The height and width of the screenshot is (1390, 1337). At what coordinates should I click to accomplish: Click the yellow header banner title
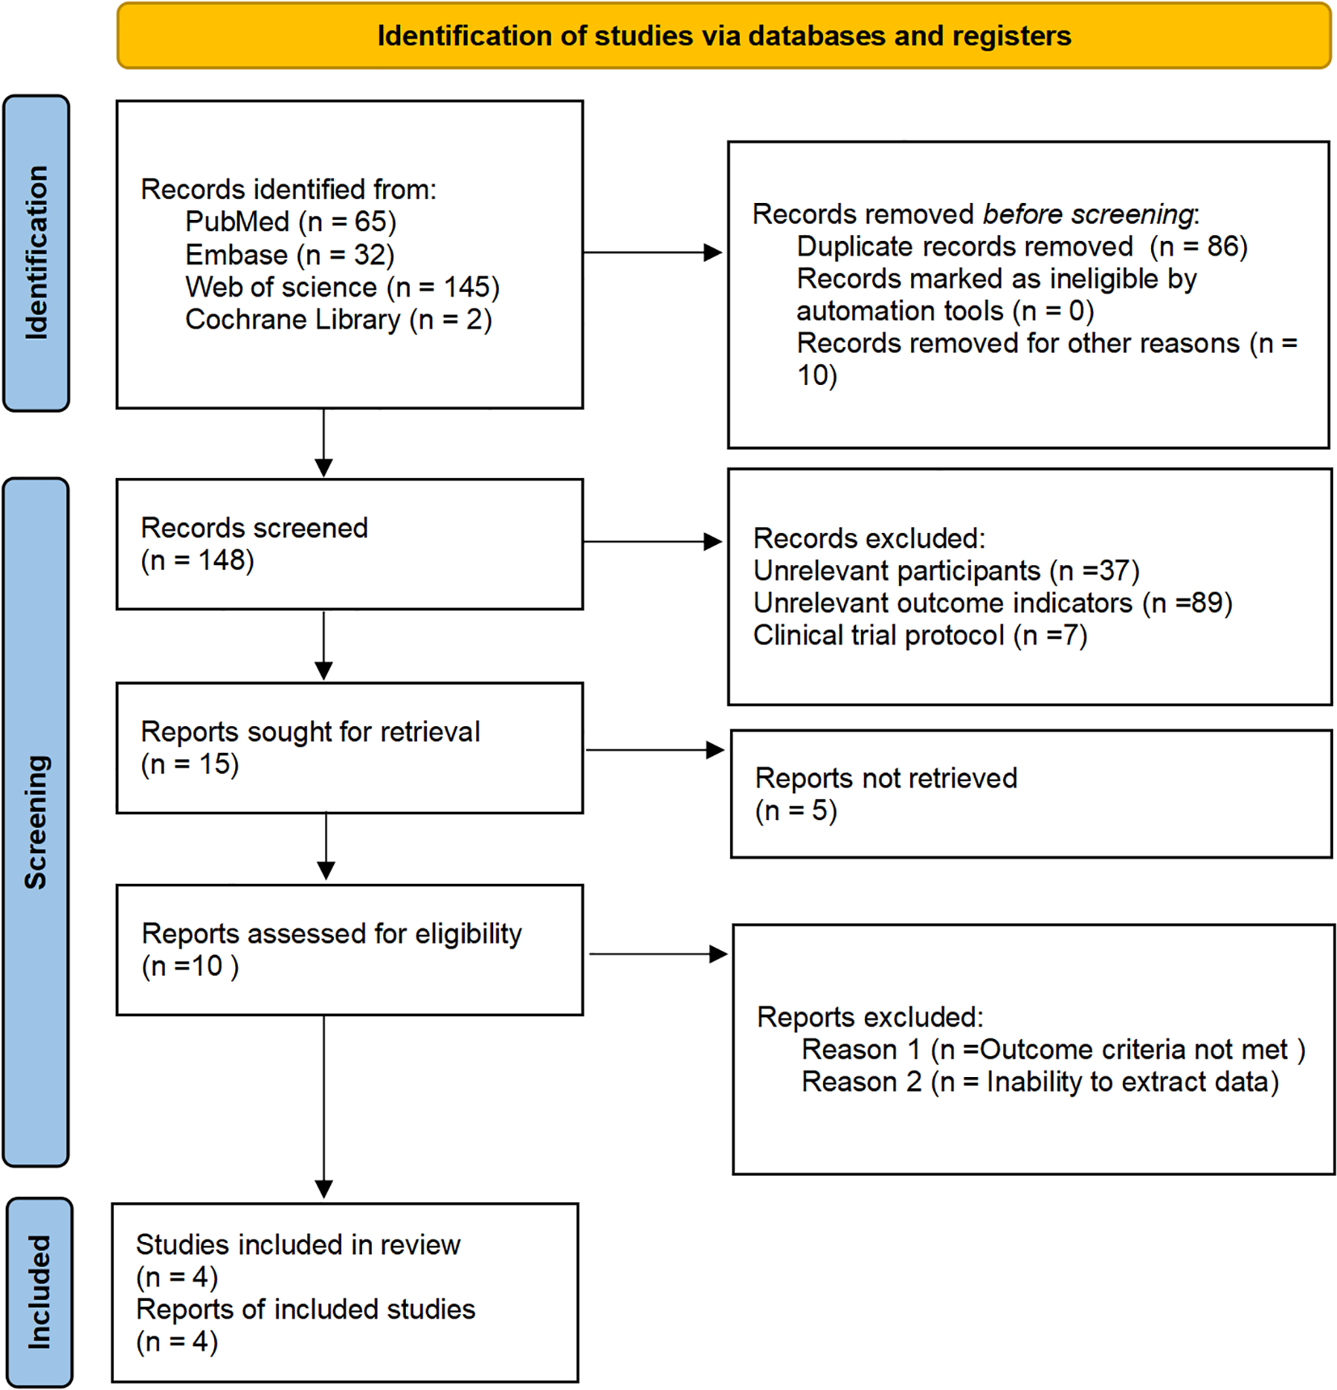click(x=723, y=36)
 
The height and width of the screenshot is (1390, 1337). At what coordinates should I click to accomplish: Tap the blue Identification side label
click(x=36, y=252)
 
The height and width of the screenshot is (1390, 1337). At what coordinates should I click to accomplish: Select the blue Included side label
click(x=39, y=1291)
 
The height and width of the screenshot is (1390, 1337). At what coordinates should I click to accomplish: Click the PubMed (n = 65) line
click(x=290, y=222)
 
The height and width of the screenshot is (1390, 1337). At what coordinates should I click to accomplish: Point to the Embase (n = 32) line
click(x=289, y=255)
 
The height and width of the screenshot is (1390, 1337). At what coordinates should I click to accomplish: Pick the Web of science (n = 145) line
click(x=342, y=287)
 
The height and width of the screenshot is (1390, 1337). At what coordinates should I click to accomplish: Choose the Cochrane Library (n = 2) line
click(x=338, y=319)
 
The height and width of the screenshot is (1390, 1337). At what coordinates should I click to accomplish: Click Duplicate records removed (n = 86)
click(x=1022, y=247)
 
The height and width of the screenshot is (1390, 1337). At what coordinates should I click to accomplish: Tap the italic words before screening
click(x=1087, y=214)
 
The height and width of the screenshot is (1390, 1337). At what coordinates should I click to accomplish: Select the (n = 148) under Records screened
click(x=197, y=560)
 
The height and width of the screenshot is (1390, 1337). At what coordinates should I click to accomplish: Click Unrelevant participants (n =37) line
click(x=946, y=571)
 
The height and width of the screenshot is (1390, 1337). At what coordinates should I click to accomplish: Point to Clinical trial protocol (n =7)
click(x=920, y=636)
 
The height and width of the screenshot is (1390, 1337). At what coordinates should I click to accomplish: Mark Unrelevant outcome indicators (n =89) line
click(x=992, y=603)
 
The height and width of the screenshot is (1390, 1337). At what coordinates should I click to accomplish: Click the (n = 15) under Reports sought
click(x=190, y=764)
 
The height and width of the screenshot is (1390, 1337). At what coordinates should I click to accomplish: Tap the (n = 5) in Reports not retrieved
click(x=795, y=810)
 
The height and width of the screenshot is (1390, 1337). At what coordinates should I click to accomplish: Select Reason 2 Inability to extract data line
click(x=1040, y=1082)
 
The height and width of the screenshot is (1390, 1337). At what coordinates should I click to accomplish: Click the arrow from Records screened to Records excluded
click(x=652, y=541)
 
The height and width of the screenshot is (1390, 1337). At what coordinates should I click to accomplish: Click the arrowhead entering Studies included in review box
click(x=324, y=1189)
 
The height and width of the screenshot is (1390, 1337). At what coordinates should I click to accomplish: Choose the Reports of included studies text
click(x=306, y=1309)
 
